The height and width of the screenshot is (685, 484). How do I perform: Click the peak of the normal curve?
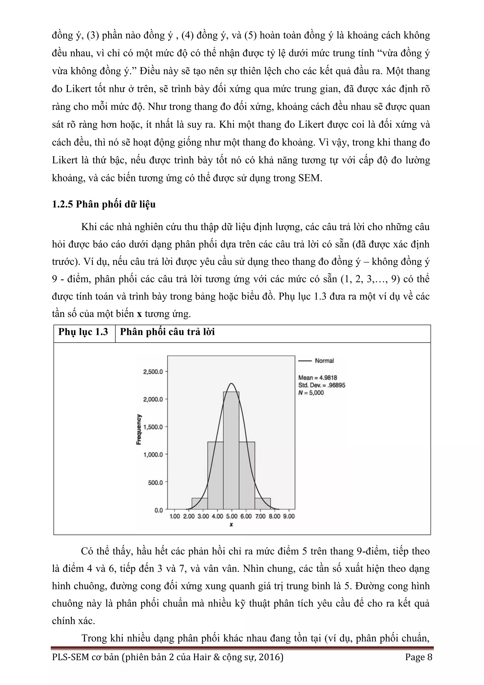coord(231,384)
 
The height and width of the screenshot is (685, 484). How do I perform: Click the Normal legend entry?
coord(324,361)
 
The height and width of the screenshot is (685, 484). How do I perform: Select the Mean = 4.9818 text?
coord(318,378)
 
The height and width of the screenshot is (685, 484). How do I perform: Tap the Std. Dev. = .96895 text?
coord(321,385)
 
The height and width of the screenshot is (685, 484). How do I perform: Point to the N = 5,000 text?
coord(311,393)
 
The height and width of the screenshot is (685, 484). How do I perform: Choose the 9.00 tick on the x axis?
coord(288,516)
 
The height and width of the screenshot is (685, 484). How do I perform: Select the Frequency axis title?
coord(139,430)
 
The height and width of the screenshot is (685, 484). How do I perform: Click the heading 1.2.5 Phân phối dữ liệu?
coord(104,204)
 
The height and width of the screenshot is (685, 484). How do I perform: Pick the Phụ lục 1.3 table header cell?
coord(83,332)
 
